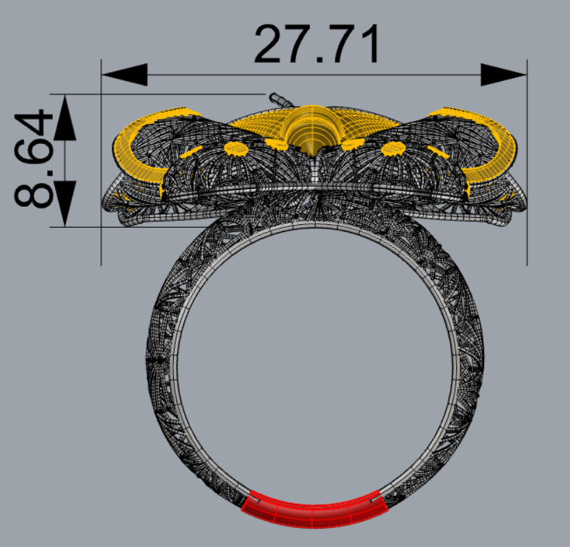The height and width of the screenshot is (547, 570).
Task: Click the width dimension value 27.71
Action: click(317, 45)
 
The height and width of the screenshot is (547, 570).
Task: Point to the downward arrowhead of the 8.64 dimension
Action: click(64, 203)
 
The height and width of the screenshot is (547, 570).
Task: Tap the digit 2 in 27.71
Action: click(270, 45)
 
